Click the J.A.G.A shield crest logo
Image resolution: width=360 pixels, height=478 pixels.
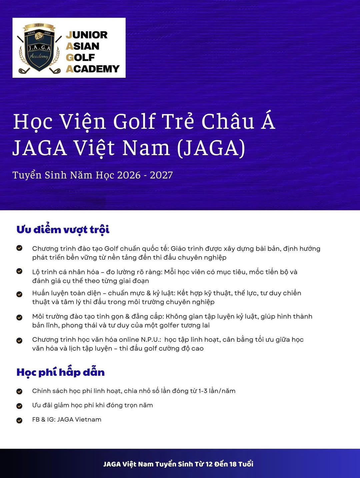click(39, 48)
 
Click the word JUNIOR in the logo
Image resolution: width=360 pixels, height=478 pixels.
click(87, 35)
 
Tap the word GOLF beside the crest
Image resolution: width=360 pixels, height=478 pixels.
click(80, 58)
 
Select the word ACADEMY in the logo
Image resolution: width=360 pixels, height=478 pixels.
click(93, 69)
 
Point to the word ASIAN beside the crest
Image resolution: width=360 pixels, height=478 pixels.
click(83, 46)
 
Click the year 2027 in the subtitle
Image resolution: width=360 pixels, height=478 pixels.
click(161, 175)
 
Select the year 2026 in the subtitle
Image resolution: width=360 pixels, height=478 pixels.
click(129, 175)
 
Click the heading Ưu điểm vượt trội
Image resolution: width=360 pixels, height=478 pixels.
click(63, 230)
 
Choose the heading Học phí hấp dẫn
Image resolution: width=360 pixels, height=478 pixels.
click(60, 372)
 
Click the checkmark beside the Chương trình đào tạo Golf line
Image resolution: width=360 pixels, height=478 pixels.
click(19, 248)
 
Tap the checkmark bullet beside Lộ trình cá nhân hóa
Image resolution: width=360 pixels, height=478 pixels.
click(19, 271)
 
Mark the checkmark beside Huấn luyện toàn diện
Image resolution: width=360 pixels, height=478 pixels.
click(19, 294)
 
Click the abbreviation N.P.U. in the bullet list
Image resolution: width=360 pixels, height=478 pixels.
click(151, 340)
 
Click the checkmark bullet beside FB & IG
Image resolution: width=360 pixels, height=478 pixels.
click(19, 420)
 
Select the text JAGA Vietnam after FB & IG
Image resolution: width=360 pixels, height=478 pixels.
click(79, 420)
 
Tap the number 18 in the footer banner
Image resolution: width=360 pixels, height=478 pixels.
click(233, 464)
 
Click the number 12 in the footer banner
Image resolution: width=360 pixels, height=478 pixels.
click(209, 464)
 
